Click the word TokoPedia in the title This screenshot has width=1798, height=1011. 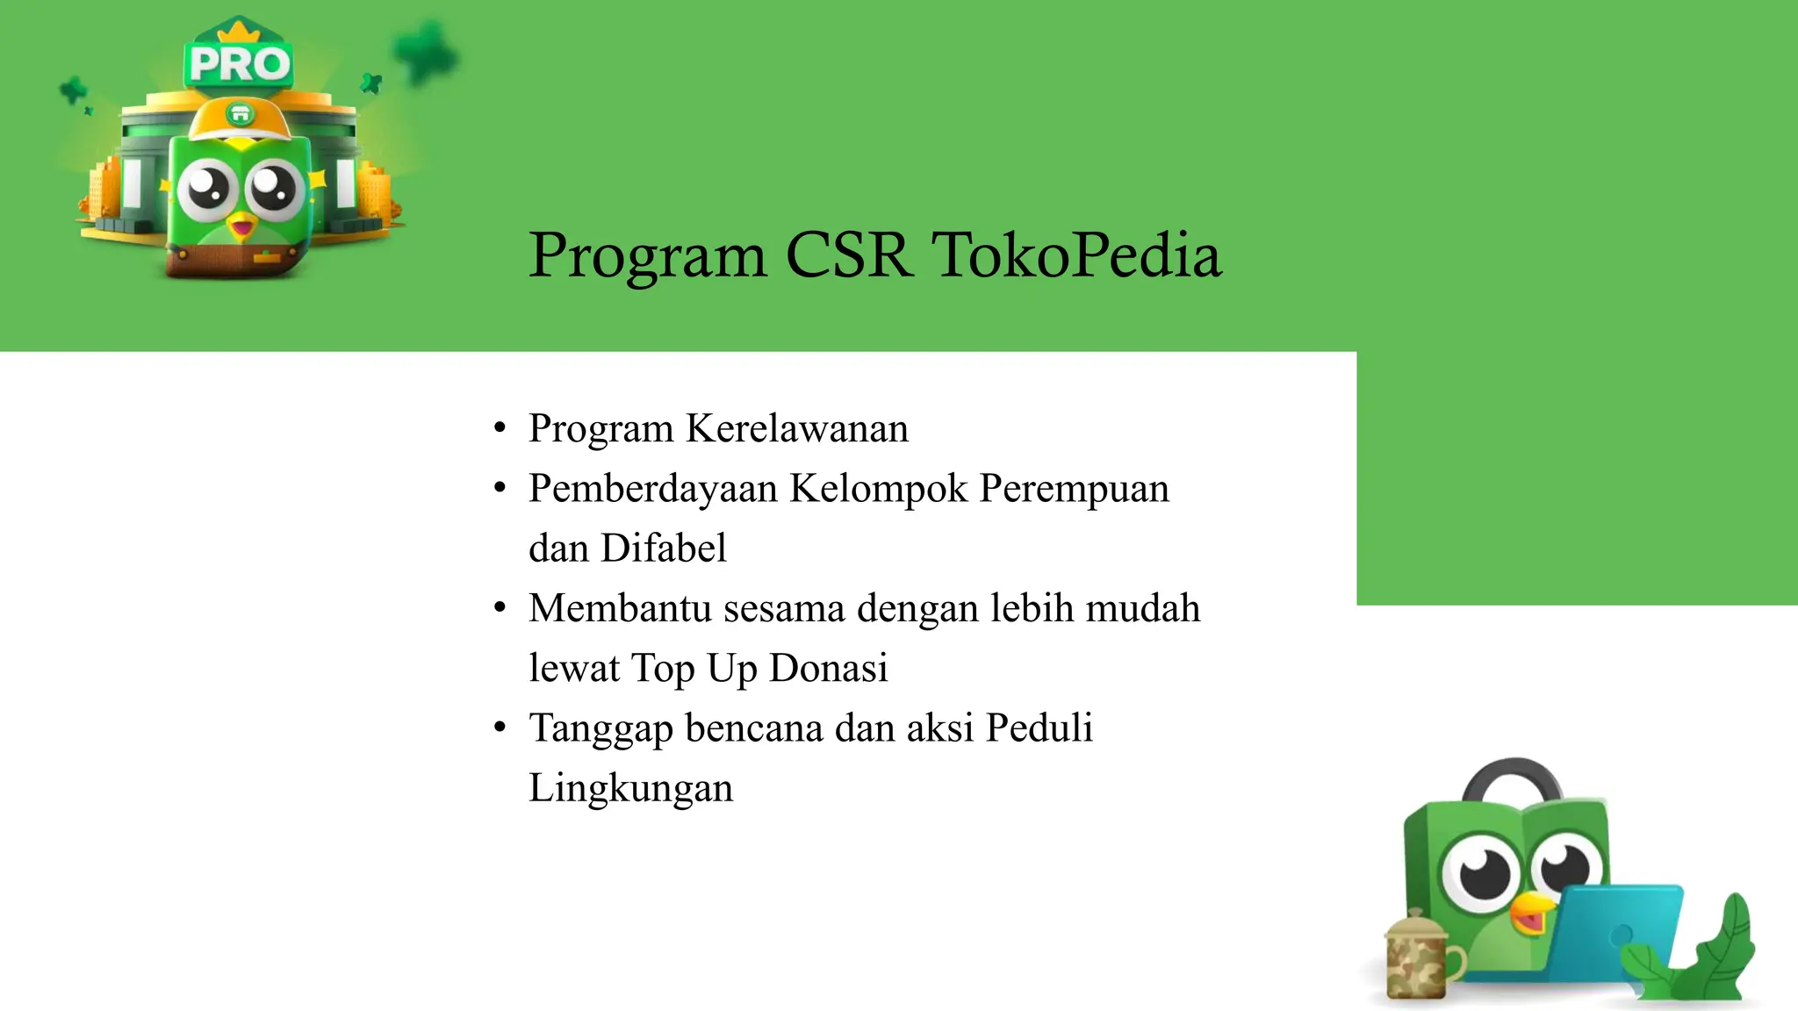tap(1075, 255)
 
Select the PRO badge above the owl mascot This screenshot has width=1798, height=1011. tap(239, 63)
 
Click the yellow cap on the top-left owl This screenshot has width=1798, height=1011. tap(239, 118)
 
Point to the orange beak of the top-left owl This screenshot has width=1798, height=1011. tap(241, 228)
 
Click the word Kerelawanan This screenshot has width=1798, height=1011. tap(796, 429)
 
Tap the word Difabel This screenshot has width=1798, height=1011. tap(663, 549)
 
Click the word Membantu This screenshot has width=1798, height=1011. tap(620, 608)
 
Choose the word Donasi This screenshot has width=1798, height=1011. tap(828, 668)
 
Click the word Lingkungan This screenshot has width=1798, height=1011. tap(630, 788)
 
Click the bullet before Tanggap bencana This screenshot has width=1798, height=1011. tap(500, 728)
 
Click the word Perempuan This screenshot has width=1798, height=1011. tap(1074, 489)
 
